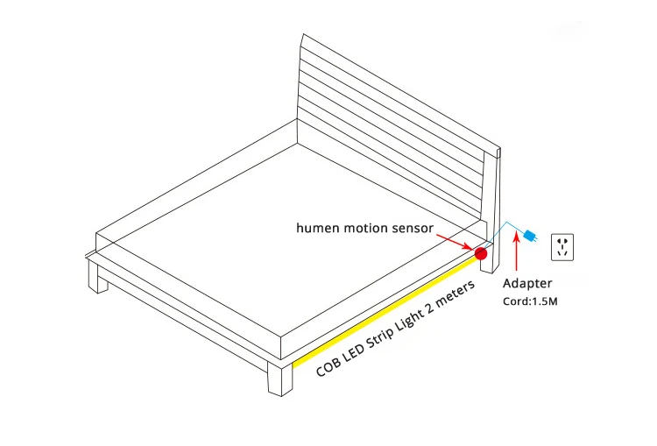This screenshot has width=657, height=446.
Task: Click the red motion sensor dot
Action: click(480, 253)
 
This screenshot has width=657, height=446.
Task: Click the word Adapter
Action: click(527, 284)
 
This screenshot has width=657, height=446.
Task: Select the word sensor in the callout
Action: click(411, 228)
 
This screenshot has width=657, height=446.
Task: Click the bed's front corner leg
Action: click(279, 377)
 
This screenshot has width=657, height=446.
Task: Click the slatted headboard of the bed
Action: click(394, 123)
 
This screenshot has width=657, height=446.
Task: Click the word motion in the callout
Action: click(364, 228)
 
